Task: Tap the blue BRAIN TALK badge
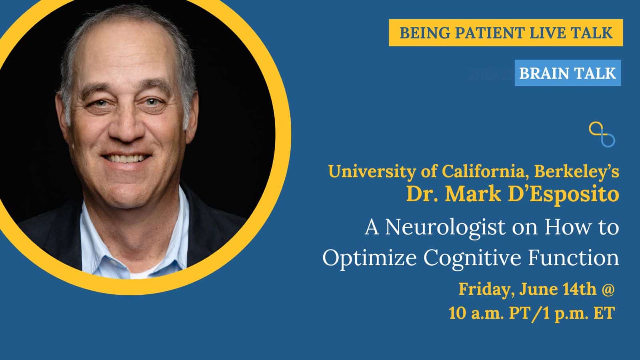568,73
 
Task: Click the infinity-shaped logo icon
602,134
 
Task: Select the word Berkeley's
576,172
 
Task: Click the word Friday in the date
484,290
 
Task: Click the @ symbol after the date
608,290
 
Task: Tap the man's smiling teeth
126,158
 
